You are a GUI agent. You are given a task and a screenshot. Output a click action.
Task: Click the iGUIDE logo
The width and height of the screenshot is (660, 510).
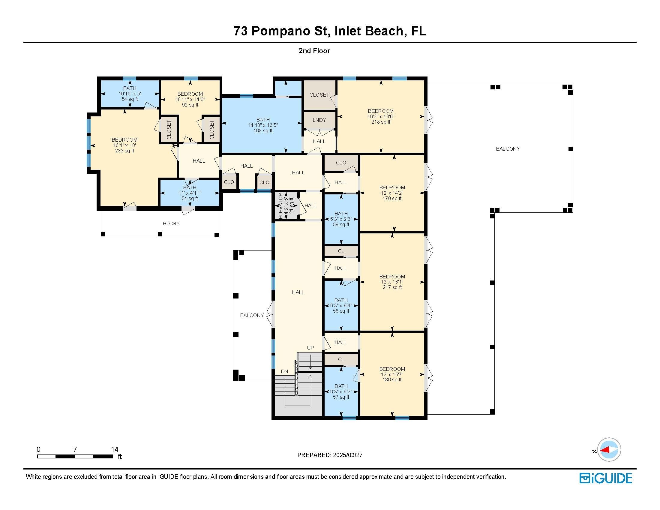coord(606,478)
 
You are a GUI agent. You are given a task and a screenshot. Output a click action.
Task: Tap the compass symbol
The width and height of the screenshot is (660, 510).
coord(609,450)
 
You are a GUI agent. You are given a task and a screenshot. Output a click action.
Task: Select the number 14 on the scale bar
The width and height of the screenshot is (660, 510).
coord(115,449)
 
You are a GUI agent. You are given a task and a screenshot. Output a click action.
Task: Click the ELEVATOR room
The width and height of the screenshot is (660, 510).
coord(286,206)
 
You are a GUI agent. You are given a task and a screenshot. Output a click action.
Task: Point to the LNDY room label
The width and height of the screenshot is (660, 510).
coord(319,120)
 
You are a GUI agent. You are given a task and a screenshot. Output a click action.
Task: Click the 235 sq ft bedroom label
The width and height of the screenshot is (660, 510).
coord(124,145)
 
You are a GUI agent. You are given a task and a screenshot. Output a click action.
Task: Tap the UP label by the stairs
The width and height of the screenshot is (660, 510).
coord(310,348)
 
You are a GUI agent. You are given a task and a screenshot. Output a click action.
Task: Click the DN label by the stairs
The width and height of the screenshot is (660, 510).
coord(284,372)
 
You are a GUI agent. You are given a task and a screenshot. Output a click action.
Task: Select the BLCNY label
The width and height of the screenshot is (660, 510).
coord(171,223)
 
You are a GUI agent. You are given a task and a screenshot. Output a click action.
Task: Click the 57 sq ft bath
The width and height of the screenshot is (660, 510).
coord(341,391)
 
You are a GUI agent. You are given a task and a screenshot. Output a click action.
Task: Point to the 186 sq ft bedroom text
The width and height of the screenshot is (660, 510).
coord(392,374)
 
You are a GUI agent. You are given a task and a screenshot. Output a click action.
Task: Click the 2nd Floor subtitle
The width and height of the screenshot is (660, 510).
coord(314,51)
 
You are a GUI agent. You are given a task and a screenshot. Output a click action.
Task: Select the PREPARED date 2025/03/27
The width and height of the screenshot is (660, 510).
coord(347,455)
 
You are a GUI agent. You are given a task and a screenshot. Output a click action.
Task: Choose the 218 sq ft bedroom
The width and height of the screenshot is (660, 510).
coord(381,116)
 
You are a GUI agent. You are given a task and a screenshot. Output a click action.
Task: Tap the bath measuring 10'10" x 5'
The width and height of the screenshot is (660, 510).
coord(130,93)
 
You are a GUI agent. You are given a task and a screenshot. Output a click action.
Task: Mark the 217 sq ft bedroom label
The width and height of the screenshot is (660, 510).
coord(392,282)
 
